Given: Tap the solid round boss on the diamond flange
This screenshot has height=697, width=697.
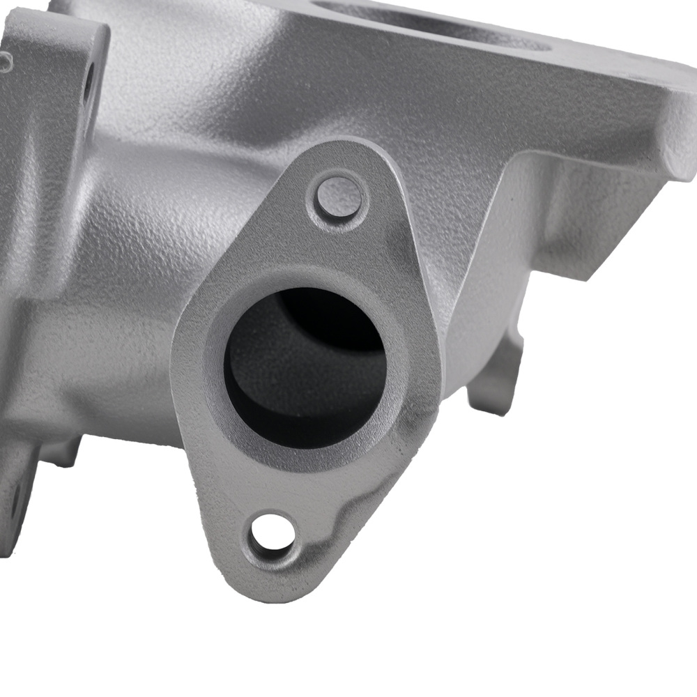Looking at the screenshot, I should (339, 197).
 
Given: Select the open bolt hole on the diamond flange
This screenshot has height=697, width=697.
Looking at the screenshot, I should (272, 534).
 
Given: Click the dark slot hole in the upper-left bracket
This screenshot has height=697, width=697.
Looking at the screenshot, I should (89, 84).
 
